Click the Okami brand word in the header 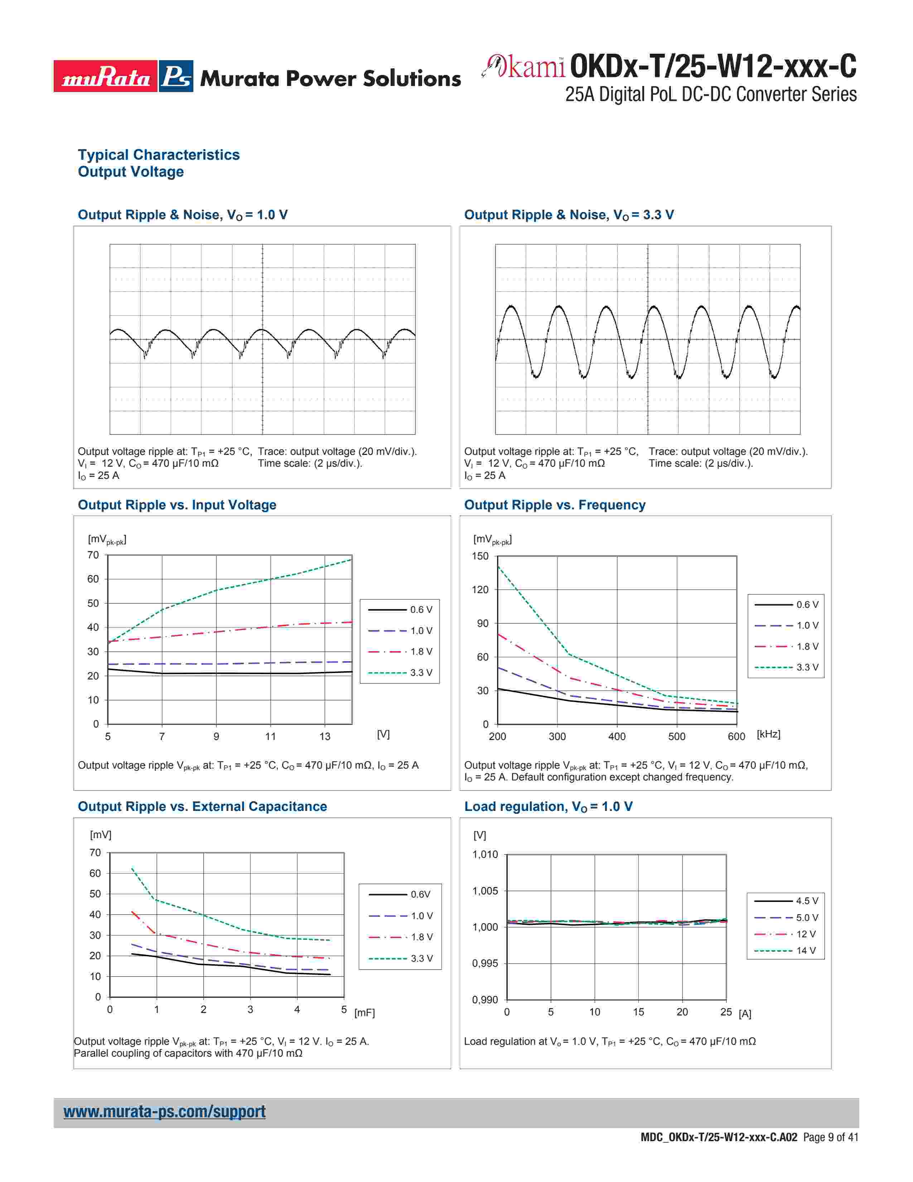[x=525, y=67]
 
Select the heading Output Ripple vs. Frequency [x=554, y=505]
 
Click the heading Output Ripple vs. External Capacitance [x=202, y=806]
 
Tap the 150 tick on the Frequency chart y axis [x=480, y=556]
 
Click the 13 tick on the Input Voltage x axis [x=324, y=736]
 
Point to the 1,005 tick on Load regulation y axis [x=485, y=891]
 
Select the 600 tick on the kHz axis [x=736, y=736]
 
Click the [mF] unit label [x=364, y=1013]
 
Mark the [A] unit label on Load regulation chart [x=745, y=1014]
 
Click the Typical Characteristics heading [x=159, y=155]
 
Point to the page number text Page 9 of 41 [x=831, y=1137]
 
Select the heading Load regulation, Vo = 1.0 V [x=548, y=806]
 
